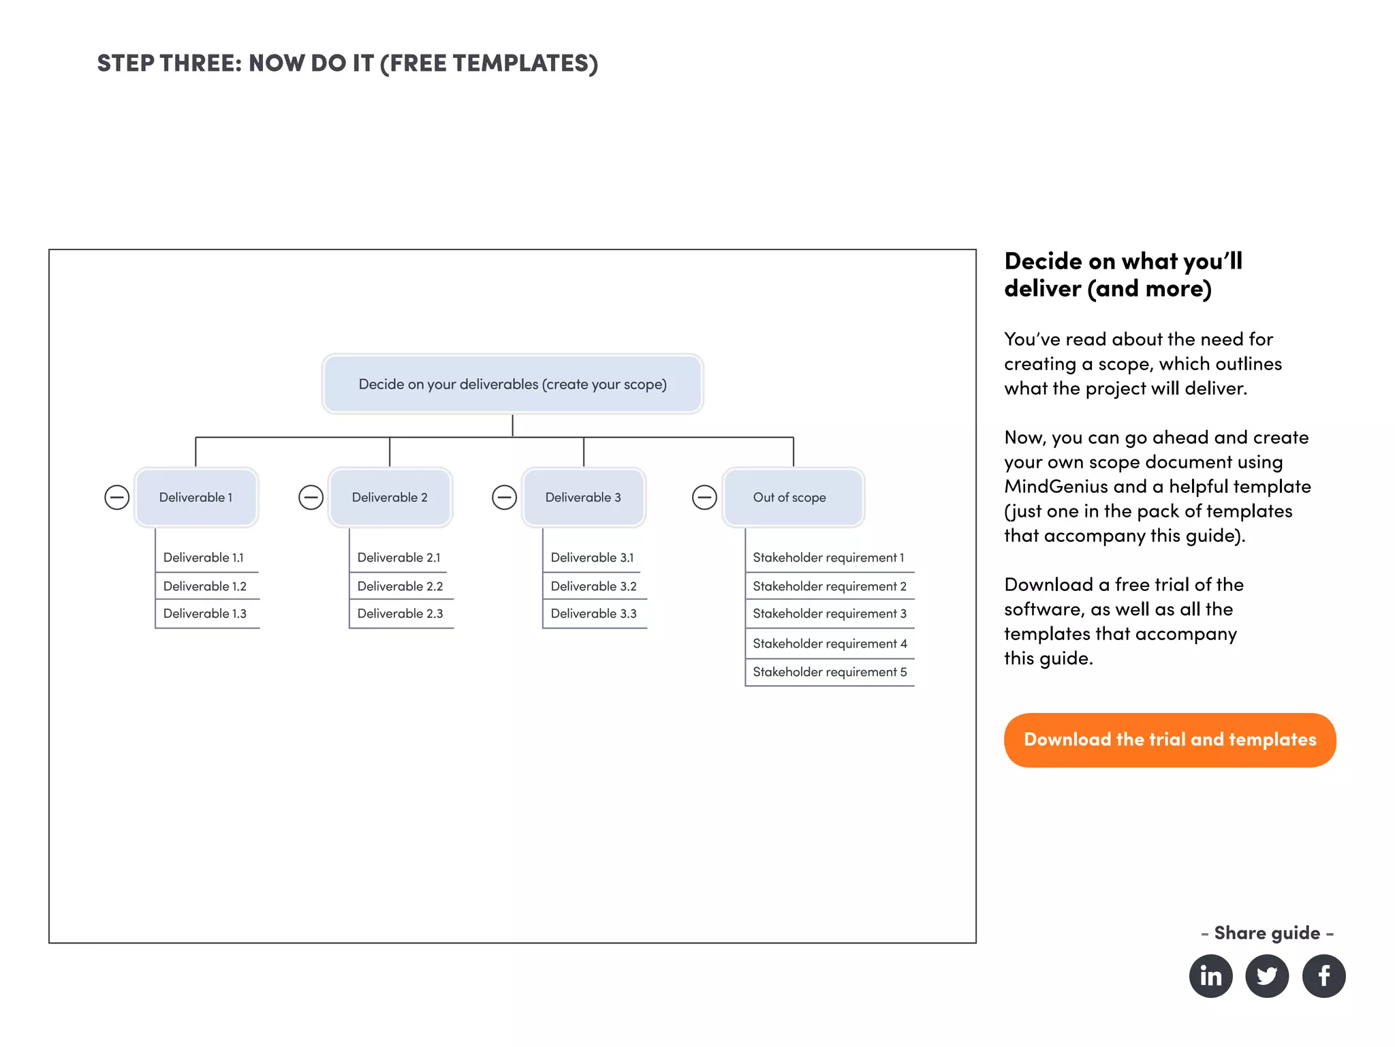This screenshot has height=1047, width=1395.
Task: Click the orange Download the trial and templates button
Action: (x=1170, y=740)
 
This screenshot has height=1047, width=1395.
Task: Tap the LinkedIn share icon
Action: (x=1210, y=975)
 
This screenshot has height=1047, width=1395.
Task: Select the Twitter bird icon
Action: (x=1266, y=975)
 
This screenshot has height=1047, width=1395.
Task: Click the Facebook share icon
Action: (x=1323, y=975)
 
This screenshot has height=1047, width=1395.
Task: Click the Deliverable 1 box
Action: (x=196, y=497)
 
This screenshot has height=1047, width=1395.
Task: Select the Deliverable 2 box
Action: (x=390, y=497)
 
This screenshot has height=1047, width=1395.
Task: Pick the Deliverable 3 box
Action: (x=583, y=497)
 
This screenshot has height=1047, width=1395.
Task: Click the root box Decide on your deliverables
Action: (x=512, y=384)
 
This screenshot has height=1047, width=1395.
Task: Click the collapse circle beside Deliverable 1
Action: (x=117, y=497)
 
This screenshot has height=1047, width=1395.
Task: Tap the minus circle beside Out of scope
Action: (x=704, y=497)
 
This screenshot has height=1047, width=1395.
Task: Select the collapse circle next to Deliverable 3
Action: (x=504, y=497)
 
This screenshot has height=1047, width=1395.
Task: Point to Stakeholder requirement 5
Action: (x=829, y=671)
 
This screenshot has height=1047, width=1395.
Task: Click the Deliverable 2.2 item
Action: (x=400, y=586)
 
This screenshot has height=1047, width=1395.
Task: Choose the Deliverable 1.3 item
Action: (x=205, y=613)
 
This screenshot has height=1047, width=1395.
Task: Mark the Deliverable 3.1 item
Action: (x=592, y=558)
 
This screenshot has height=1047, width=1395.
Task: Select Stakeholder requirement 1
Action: (x=828, y=558)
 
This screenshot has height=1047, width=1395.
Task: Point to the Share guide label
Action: (x=1266, y=932)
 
